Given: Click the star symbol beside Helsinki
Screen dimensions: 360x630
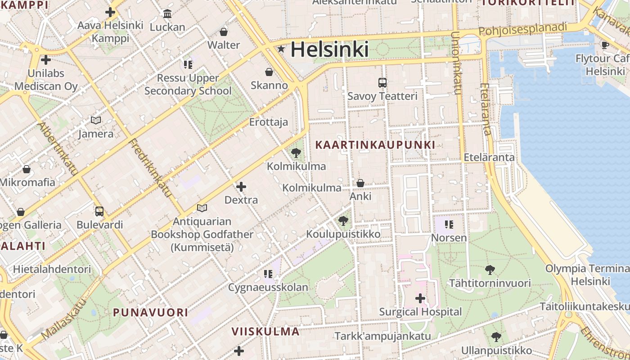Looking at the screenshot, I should (x=281, y=49).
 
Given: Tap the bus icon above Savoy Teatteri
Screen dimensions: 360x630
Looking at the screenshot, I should (x=382, y=83).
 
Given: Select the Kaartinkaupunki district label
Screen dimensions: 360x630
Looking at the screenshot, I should (x=375, y=145).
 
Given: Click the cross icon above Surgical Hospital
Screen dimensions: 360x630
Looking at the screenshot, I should (x=420, y=298).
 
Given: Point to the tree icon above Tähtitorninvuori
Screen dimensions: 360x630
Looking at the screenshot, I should (x=490, y=270).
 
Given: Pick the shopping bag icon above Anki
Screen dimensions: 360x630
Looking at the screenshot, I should (x=360, y=183).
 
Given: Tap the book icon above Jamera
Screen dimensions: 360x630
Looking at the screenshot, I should (x=96, y=120).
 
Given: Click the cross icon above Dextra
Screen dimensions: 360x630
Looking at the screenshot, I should (x=241, y=186).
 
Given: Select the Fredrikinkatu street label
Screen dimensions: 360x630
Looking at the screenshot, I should (x=151, y=168).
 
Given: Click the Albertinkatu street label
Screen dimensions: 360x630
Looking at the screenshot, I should (x=58, y=148).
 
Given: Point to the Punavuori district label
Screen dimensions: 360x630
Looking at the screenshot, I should (x=150, y=312).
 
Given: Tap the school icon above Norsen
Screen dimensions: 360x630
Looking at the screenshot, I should (x=449, y=224).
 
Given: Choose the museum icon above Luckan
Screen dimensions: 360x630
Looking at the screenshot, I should (x=167, y=14).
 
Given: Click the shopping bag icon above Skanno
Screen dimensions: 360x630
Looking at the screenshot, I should (x=269, y=72).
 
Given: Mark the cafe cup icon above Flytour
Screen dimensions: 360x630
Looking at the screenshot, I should (x=605, y=45).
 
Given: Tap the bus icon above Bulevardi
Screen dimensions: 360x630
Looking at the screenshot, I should (x=99, y=211).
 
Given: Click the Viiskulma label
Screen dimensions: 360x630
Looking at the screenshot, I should (x=265, y=332).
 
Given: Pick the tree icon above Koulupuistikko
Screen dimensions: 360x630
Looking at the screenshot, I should (x=343, y=220).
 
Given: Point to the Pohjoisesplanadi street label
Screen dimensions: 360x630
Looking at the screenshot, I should (x=522, y=29).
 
